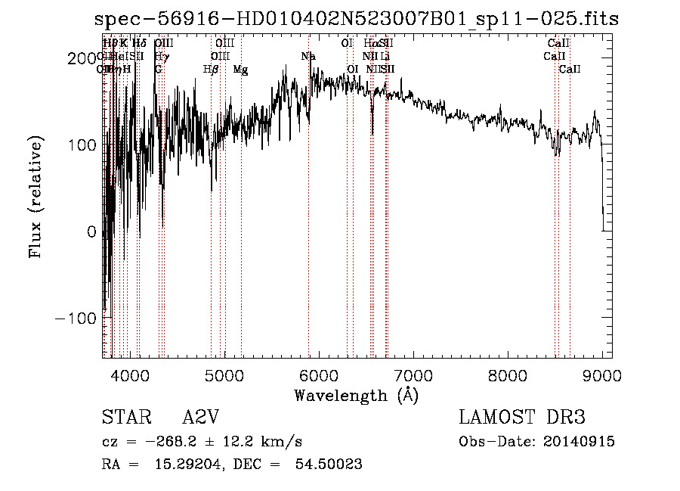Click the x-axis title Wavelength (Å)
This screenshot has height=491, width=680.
pyautogui.click(x=356, y=395)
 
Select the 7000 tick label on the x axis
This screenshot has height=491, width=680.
pyautogui.click(x=413, y=374)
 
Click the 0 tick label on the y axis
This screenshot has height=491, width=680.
pyautogui.click(x=91, y=232)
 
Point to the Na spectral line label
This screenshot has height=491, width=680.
pyautogui.click(x=308, y=57)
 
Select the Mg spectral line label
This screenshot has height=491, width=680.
pyautogui.click(x=240, y=70)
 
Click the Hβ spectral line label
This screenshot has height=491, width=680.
pyautogui.click(x=211, y=70)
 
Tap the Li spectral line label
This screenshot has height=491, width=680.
pyautogui.click(x=385, y=57)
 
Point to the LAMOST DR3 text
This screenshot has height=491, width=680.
pyautogui.click(x=522, y=418)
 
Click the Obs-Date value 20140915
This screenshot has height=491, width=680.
pyautogui.click(x=582, y=442)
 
